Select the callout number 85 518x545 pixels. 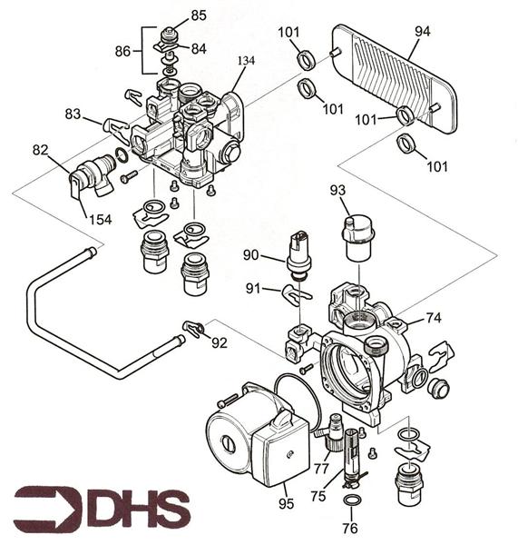198,15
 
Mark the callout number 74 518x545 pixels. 434,318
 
